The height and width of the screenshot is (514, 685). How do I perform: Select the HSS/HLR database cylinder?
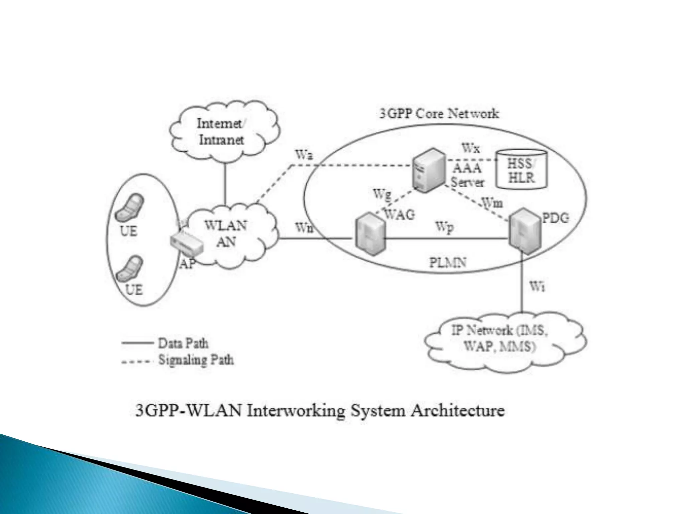click(x=522, y=169)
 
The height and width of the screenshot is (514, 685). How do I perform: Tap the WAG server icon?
click(x=370, y=234)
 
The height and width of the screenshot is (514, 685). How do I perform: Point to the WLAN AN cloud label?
click(x=226, y=233)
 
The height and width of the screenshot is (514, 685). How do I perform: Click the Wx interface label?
click(x=471, y=148)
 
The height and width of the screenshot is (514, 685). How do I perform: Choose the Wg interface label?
click(x=382, y=194)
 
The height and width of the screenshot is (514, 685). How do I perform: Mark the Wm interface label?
click(x=492, y=203)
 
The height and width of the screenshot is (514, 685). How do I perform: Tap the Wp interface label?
click(x=445, y=227)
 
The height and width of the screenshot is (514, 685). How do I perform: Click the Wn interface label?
click(x=304, y=228)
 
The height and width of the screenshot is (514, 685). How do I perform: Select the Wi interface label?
click(x=537, y=286)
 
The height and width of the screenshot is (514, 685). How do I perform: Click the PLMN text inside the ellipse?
click(x=448, y=262)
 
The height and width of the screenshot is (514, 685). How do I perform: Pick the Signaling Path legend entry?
click(x=196, y=360)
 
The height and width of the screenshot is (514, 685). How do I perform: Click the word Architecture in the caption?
click(x=458, y=410)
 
